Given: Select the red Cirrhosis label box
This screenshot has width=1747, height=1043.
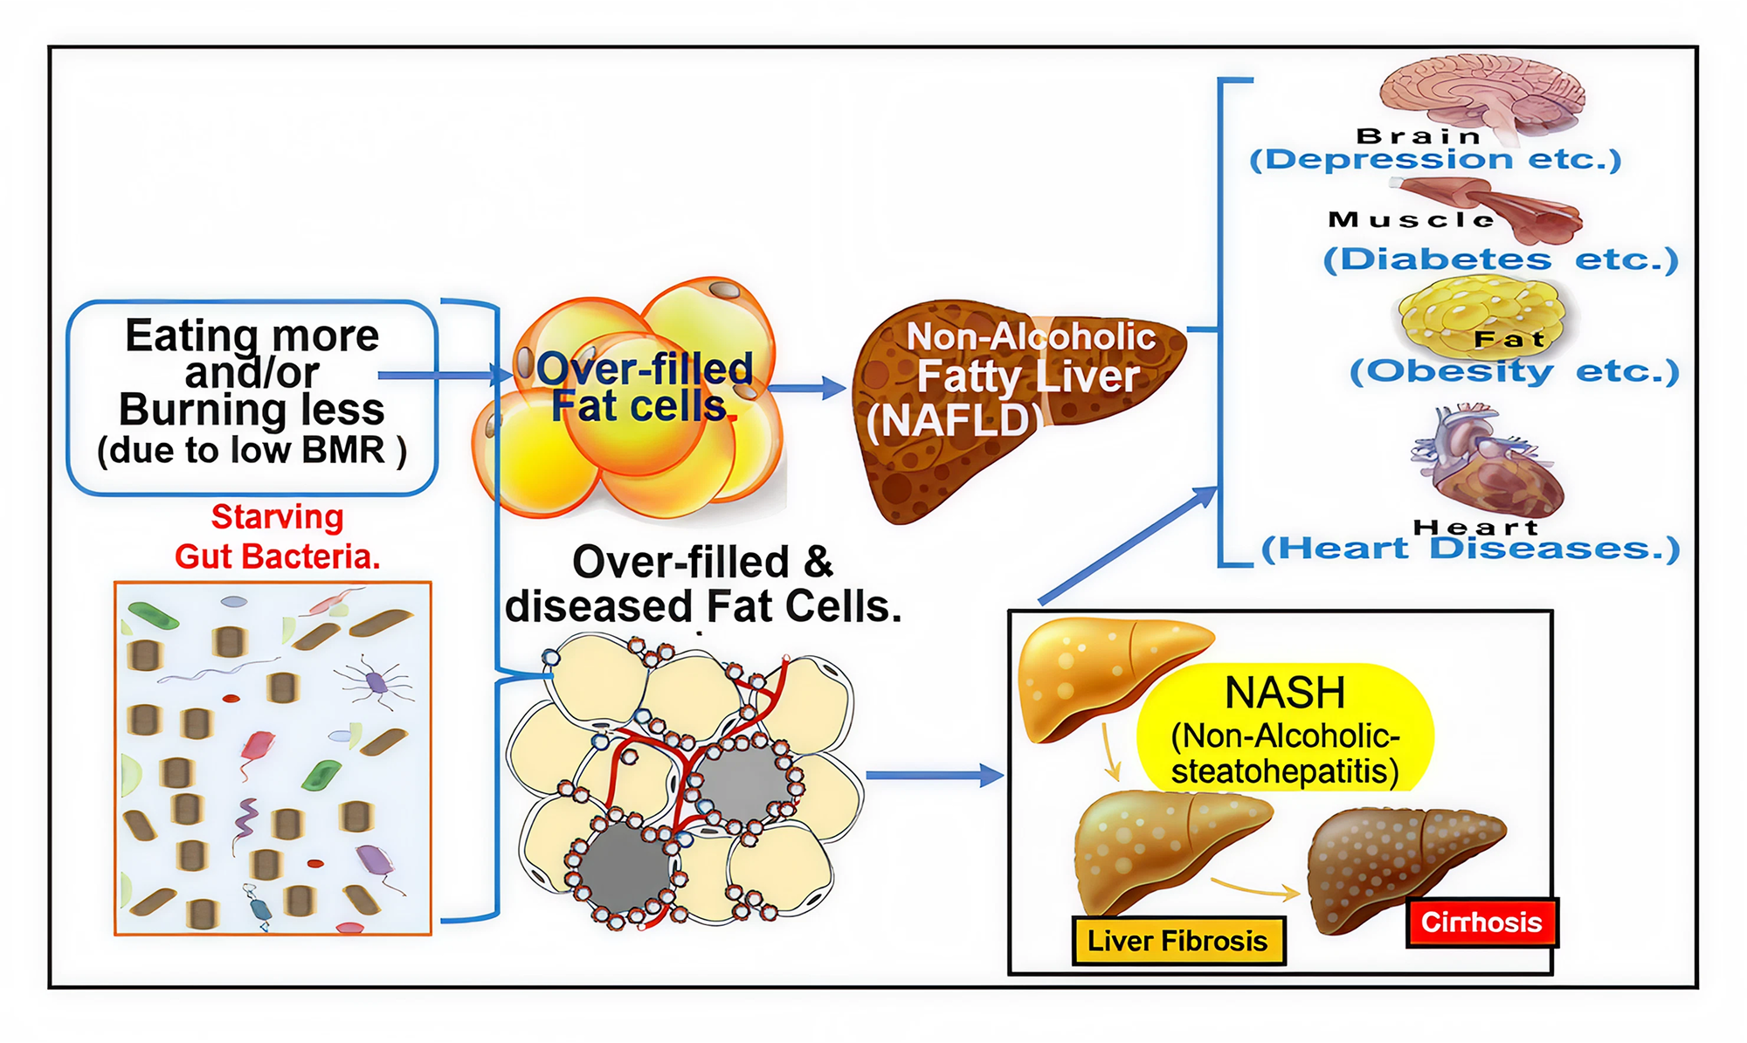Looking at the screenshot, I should [x=1481, y=922].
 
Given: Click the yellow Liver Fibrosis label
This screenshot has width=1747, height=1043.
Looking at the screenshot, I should [x=1177, y=941].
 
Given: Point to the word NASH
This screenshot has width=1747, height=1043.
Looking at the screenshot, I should [x=1285, y=693].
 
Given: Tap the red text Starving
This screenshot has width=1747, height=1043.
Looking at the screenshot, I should [x=277, y=517].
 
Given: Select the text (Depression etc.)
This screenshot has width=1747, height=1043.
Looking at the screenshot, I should [x=1435, y=160].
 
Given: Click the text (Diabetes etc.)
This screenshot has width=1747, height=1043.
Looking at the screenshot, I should [x=1500, y=259].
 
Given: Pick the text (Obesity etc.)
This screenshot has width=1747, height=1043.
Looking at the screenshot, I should [x=1514, y=371].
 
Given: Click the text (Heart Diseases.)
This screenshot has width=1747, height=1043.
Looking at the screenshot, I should [x=1470, y=549].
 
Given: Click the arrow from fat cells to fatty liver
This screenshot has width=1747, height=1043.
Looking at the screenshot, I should [x=808, y=388].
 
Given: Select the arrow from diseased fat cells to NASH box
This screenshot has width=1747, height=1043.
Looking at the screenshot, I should [x=935, y=775].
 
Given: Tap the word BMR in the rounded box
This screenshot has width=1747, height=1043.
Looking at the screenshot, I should [x=342, y=451].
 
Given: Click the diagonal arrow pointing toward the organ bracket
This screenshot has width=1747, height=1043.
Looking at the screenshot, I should [x=1127, y=546].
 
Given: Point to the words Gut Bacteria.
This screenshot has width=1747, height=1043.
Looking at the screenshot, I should [x=277, y=556].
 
